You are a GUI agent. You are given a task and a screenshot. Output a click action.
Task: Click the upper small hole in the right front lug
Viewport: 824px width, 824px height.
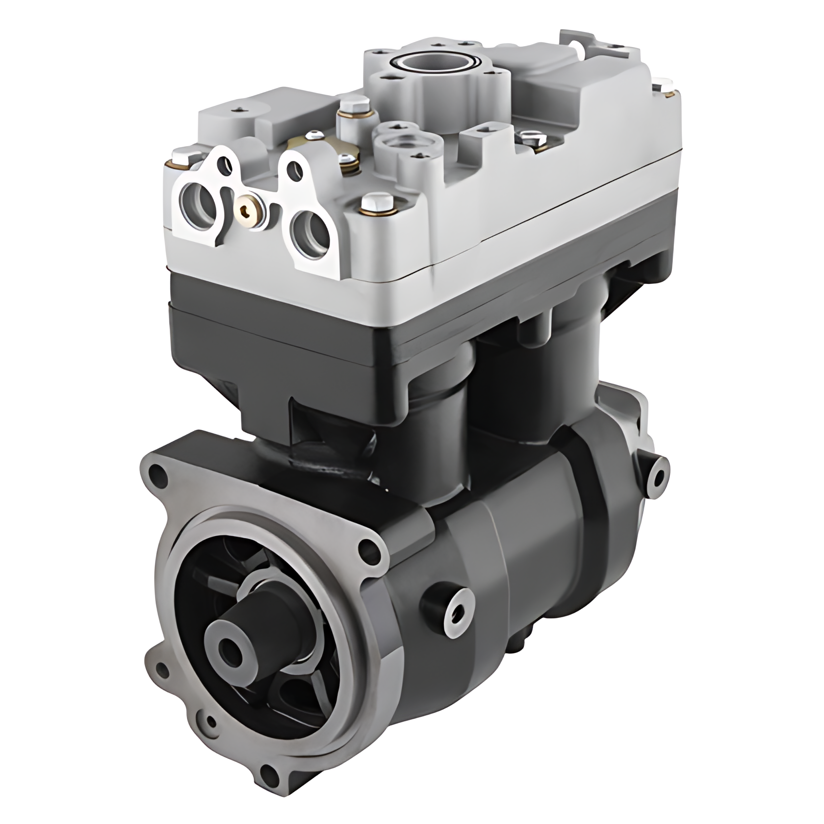[293, 169]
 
